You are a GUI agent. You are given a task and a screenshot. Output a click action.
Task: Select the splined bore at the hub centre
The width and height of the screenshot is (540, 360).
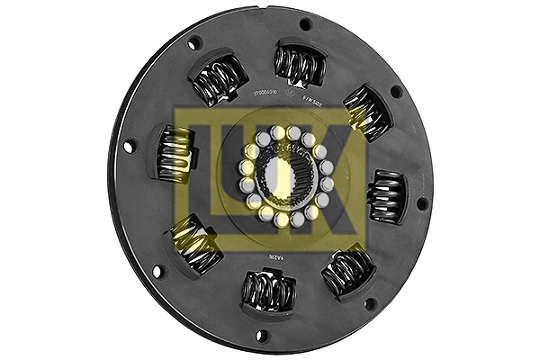tap(285, 179)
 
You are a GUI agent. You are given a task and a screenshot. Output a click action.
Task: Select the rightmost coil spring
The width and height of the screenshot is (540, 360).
tap(388, 195)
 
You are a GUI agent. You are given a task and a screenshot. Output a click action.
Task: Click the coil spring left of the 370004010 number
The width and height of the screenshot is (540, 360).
tap(217, 79)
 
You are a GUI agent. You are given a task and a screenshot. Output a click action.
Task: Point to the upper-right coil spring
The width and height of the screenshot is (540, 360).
tap(364, 111)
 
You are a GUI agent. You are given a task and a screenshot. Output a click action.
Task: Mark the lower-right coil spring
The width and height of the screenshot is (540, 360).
tap(346, 269)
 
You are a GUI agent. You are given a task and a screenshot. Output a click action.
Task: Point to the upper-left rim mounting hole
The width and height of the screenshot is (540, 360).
tap(194, 43)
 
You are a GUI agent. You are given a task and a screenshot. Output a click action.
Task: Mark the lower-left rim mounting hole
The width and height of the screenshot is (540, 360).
tap(158, 269)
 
